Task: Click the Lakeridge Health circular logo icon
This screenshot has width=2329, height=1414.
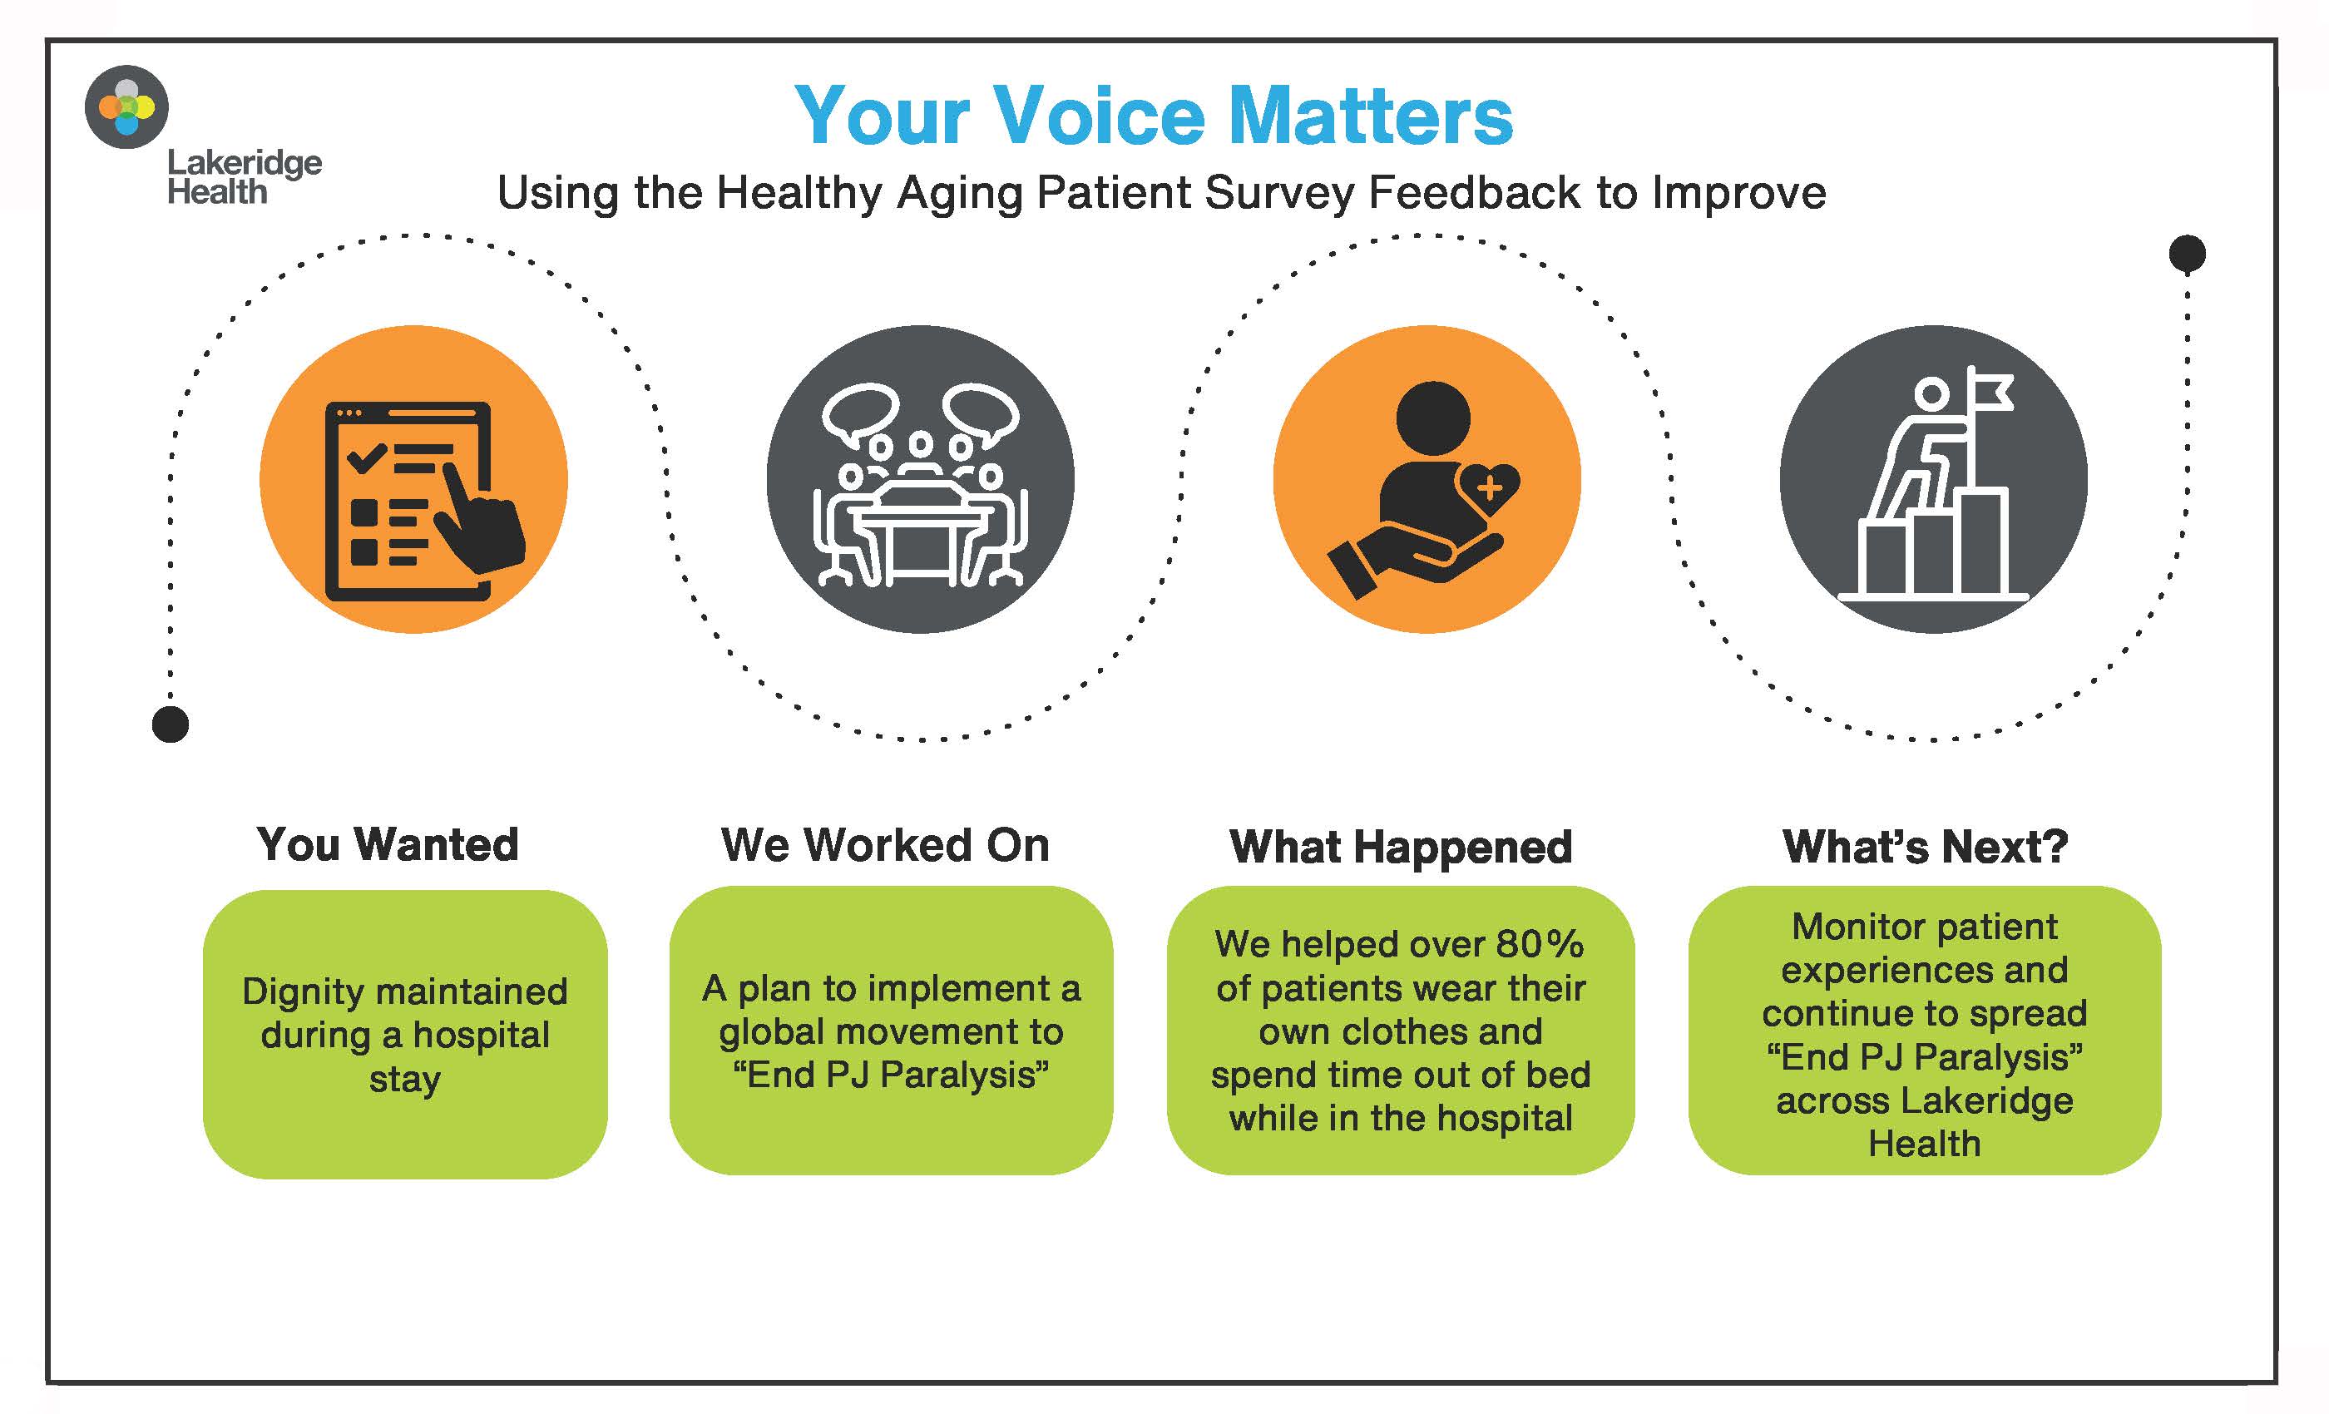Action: pos(126,106)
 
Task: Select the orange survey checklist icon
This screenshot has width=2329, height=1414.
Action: pos(414,479)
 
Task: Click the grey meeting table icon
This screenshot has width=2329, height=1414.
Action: pos(921,479)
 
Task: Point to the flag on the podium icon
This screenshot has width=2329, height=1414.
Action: pos(1990,389)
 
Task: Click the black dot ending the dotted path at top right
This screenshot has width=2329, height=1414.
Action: pos(2188,254)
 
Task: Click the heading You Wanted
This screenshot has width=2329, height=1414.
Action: pos(388,844)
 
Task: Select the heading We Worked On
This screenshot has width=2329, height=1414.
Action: pos(885,845)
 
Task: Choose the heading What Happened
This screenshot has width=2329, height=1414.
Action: pos(1401,848)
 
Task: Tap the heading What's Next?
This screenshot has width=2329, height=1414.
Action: pos(1926,846)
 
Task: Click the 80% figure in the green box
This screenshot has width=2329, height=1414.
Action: pos(1539,943)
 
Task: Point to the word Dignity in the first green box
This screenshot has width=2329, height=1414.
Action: pos(303,992)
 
